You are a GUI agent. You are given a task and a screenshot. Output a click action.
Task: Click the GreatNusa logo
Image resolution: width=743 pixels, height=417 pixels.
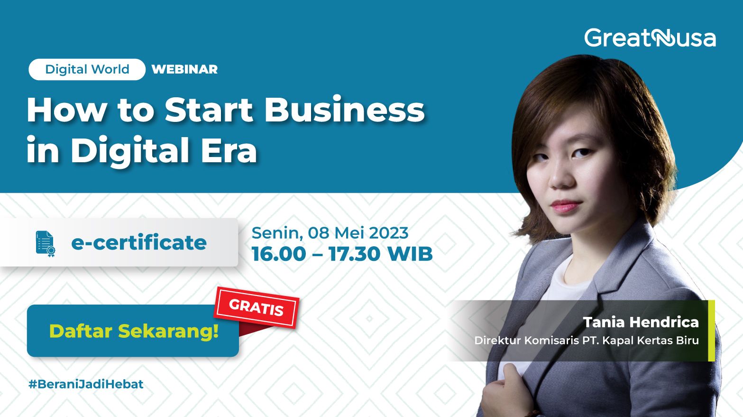tap(650, 38)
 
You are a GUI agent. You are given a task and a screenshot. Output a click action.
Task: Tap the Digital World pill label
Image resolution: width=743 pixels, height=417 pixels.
tap(87, 69)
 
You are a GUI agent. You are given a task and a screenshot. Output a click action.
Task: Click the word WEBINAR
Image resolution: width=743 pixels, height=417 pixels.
tap(184, 69)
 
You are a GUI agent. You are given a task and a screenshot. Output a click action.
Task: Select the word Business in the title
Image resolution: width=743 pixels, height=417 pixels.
tap(344, 110)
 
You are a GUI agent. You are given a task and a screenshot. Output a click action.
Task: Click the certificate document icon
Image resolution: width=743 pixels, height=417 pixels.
tap(46, 243)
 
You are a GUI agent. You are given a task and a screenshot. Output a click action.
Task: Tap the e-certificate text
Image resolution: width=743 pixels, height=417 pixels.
tap(138, 243)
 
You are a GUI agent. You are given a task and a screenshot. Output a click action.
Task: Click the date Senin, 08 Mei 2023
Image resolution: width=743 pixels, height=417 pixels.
tap(330, 233)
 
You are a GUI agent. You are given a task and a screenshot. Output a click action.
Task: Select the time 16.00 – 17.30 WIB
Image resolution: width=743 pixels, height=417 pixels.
tap(342, 254)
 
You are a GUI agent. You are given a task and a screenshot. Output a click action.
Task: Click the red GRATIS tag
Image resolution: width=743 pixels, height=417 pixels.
tap(257, 307)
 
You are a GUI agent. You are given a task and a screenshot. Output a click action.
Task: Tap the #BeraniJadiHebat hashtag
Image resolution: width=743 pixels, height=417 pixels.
tap(86, 384)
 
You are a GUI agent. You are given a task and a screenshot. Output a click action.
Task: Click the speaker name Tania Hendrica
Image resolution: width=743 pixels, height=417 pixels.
tap(641, 322)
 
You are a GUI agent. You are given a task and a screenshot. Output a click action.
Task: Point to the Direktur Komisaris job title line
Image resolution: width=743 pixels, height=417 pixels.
tap(586, 341)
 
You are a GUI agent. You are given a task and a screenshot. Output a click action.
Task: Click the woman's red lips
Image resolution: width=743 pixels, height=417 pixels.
tap(565, 206)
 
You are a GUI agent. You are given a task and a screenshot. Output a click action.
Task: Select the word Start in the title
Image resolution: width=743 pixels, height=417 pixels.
tap(209, 110)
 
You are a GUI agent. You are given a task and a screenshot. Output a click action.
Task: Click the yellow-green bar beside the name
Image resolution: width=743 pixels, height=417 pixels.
tap(711, 331)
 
